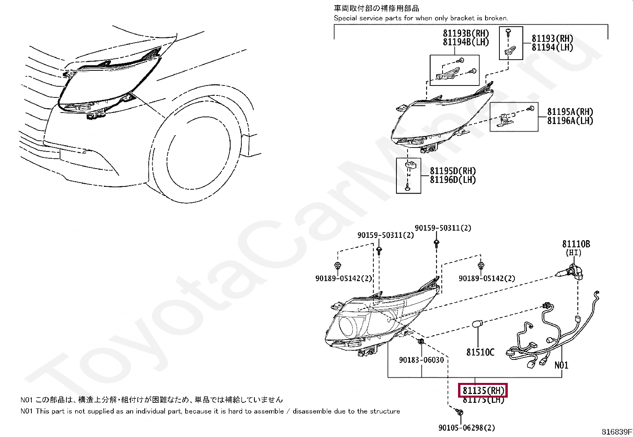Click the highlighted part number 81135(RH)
[483, 391]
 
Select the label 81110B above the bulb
[576, 244]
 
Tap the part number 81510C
[480, 352]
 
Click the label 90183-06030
[421, 360]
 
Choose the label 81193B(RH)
[466, 33]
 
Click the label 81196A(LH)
[570, 121]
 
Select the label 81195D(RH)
[452, 171]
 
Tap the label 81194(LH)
[552, 47]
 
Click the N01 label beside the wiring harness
[561, 365]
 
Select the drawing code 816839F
[616, 432]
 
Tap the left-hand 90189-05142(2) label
[344, 278]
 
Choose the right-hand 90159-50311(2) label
[443, 228]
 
